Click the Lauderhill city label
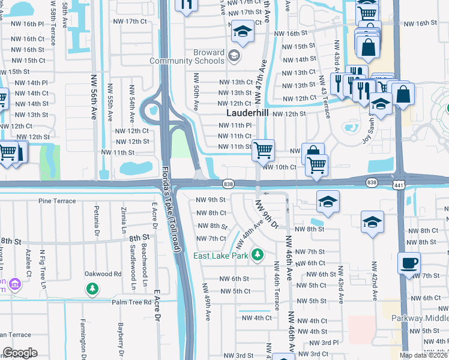248,113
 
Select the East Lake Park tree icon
258,255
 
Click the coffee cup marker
409,262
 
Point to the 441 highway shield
399,182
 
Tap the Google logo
20,353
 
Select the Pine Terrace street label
58,200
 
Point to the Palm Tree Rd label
131,302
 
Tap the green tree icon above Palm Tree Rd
92,290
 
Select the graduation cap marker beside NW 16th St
242,31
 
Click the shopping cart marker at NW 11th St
263,150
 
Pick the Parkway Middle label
420,318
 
